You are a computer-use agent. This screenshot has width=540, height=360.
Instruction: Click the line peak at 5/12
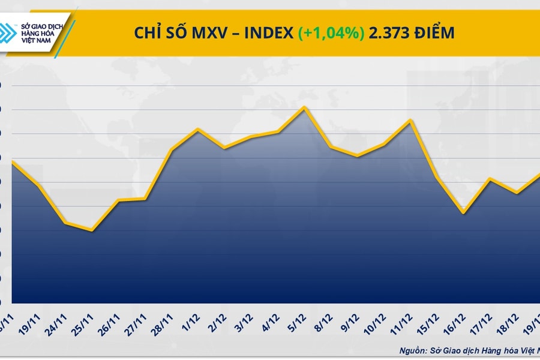[305, 107]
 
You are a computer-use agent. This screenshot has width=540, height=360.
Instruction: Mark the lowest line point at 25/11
[91, 230]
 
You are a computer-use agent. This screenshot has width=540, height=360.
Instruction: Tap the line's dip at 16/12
[463, 212]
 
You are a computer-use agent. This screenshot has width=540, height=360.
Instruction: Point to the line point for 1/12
[198, 129]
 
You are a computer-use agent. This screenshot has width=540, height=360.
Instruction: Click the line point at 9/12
[358, 156]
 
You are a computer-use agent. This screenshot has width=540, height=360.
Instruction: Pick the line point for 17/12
[490, 179]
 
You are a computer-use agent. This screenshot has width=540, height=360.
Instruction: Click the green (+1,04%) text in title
[331, 33]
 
